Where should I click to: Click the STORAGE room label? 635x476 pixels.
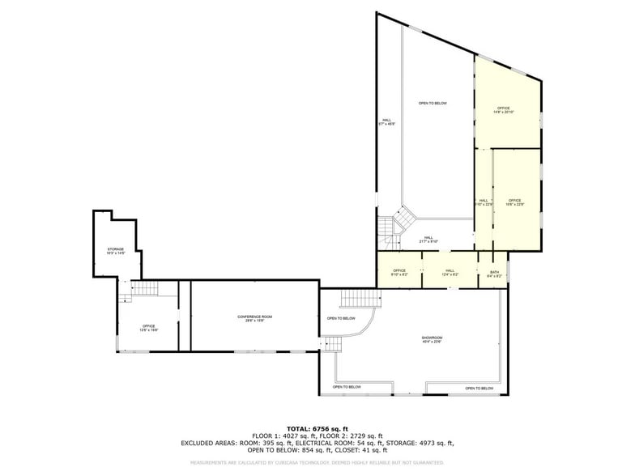[x=116, y=251]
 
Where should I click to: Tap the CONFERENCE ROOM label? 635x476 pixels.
[x=254, y=318]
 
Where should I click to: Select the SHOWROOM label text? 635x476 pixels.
[x=432, y=339]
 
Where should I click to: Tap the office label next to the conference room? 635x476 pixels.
[x=149, y=328]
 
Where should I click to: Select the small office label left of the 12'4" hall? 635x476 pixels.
[x=399, y=273]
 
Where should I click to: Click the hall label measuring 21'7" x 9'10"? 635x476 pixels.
[x=428, y=240]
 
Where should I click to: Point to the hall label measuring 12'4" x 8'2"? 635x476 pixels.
[x=450, y=273]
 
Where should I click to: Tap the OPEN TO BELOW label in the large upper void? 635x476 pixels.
[x=433, y=104]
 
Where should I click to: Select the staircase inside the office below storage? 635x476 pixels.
[x=144, y=289]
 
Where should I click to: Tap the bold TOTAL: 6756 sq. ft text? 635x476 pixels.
[x=317, y=428]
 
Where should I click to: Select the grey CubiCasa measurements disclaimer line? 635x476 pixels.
[x=317, y=462]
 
